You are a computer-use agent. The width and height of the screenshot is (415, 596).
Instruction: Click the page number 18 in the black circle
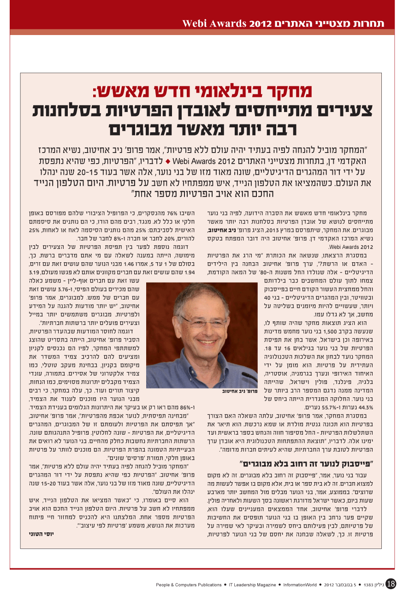(391, 584)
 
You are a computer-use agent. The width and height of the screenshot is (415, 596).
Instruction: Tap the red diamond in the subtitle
(169, 163)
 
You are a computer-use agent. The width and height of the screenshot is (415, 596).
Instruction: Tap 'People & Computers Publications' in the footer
(189, 585)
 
